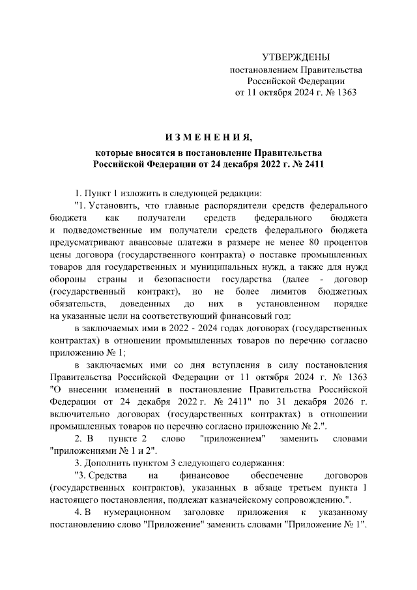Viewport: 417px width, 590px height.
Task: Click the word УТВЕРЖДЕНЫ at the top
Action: point(295,58)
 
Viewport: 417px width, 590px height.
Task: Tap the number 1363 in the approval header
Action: point(343,93)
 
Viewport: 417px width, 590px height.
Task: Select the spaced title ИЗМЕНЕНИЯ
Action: point(208,138)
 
